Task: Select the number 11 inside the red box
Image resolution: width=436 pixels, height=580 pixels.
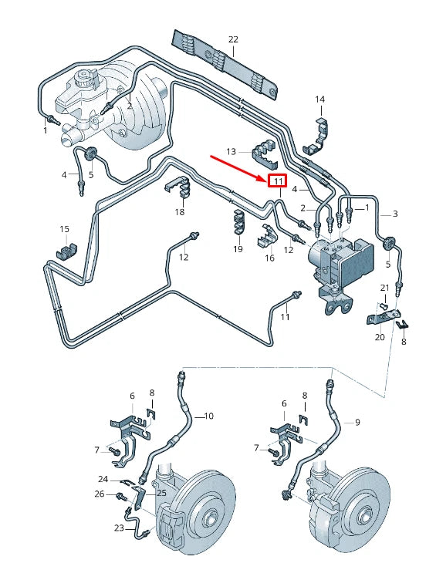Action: (276, 182)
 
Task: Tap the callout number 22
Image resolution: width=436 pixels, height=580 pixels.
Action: (234, 39)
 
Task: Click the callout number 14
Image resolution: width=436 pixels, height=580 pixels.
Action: (319, 99)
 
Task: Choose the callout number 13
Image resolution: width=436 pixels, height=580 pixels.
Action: (231, 150)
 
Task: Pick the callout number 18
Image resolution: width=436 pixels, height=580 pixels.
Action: (180, 212)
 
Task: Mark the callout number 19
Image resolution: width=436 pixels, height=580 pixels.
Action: (238, 248)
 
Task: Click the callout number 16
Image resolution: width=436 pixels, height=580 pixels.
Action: (269, 258)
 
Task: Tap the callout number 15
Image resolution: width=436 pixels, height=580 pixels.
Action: (65, 229)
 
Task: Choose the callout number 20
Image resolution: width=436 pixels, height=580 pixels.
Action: (379, 337)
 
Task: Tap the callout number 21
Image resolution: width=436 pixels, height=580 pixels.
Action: (384, 288)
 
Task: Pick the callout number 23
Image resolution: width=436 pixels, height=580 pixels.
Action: (120, 528)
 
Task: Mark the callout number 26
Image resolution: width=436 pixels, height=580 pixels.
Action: (99, 494)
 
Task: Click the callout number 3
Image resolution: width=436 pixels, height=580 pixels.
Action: (395, 214)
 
